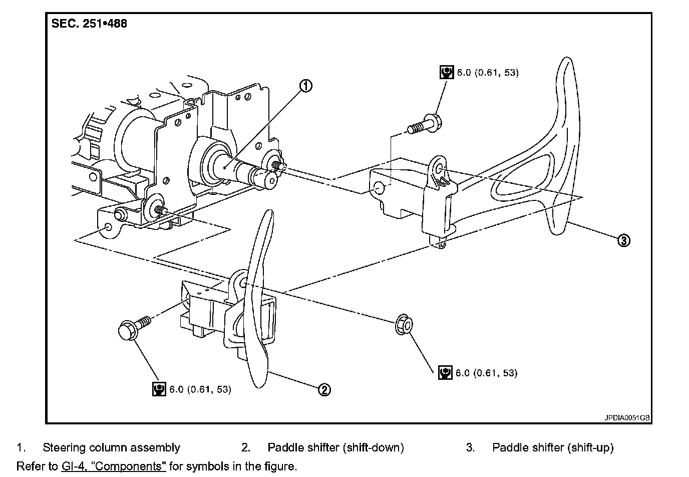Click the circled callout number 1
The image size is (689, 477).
[306, 86]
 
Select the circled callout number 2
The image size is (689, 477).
[324, 389]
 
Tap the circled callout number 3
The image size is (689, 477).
[623, 241]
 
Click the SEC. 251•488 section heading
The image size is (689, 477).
[90, 24]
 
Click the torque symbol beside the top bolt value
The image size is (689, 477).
[446, 72]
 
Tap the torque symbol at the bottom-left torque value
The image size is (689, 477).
[159, 389]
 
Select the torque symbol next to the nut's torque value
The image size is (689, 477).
[445, 373]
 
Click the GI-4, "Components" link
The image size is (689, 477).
[114, 466]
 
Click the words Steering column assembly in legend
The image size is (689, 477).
[111, 447]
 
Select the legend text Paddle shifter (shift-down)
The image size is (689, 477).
[335, 447]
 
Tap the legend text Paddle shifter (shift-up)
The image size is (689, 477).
[553, 447]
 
